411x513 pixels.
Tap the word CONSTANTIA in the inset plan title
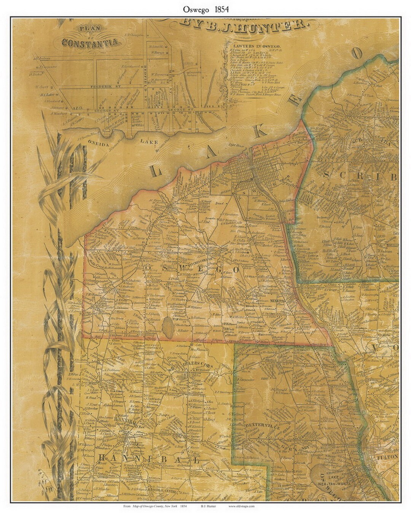click(x=91, y=42)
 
